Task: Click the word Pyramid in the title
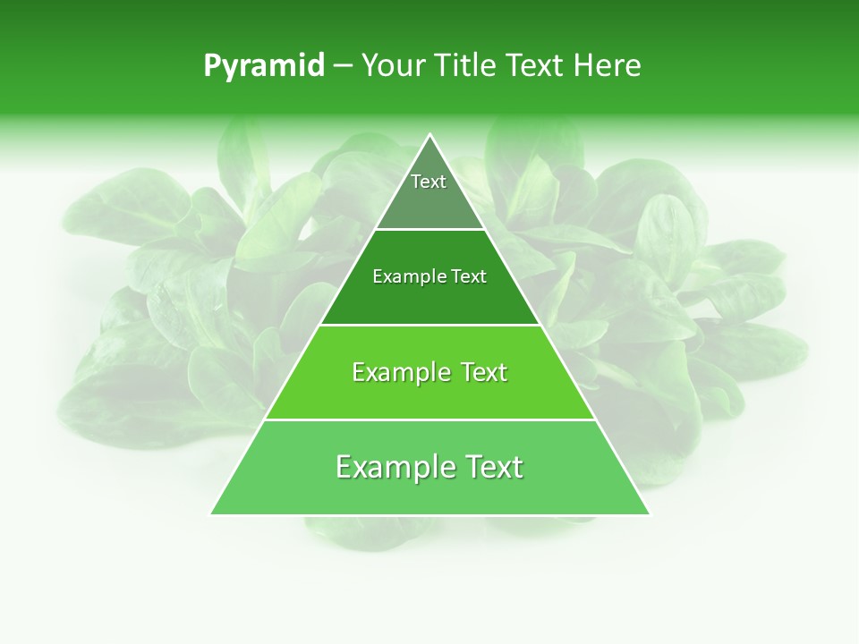264,66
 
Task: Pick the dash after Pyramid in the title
343,66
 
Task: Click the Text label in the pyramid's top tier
429,182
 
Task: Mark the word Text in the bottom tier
491,467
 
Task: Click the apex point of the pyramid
430,135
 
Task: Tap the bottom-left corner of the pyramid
211,514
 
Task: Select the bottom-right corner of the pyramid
650,514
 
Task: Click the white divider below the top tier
430,230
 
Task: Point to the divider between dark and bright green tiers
430,325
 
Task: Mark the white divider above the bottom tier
430,419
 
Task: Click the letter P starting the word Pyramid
211,66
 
